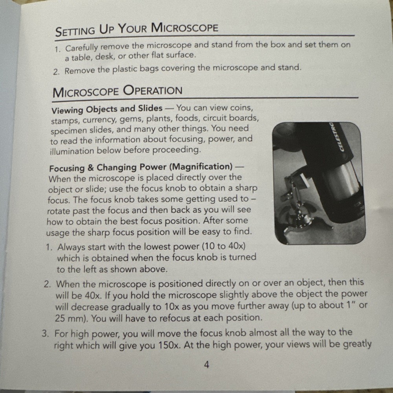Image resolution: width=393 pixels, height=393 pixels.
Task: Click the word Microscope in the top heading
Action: (x=184, y=28)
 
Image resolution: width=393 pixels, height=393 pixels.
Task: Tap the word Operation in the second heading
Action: (x=153, y=91)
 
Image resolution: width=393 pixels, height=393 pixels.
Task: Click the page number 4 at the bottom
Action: (x=206, y=365)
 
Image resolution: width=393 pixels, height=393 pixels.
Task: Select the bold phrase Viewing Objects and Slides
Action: (x=107, y=108)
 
